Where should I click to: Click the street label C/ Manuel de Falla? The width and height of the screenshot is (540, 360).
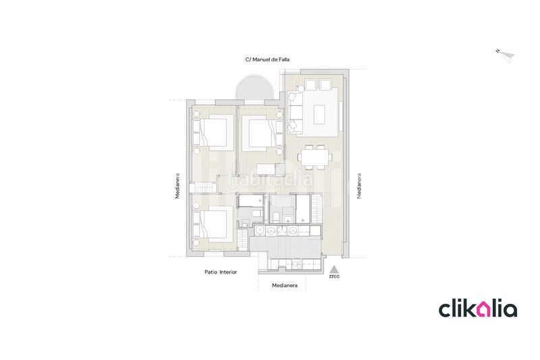[267, 59]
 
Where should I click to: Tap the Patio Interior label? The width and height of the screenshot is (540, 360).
[221, 272]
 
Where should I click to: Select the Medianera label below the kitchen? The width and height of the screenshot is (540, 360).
[284, 285]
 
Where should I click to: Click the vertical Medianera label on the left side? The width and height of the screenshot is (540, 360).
[178, 186]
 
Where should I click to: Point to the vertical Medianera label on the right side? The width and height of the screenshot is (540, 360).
[359, 186]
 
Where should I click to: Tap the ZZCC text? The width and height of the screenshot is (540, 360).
[334, 276]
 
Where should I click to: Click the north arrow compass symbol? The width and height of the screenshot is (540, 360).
[507, 55]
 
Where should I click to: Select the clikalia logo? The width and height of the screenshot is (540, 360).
[478, 309]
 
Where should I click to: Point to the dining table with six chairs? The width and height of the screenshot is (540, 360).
[315, 157]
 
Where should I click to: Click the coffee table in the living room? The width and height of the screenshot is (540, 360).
[319, 114]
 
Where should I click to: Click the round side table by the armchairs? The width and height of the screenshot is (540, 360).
[301, 88]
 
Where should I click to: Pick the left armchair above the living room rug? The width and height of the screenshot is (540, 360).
[310, 84]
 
